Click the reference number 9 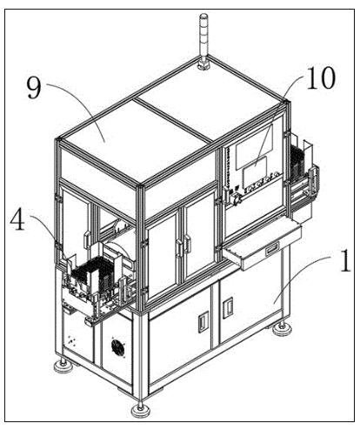34,87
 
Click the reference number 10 321,78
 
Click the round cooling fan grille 118,347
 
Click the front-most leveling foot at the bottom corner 140,409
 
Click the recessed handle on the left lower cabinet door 203,322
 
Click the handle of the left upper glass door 180,248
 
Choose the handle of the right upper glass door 188,244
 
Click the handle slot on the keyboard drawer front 272,249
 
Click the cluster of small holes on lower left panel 71,340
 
